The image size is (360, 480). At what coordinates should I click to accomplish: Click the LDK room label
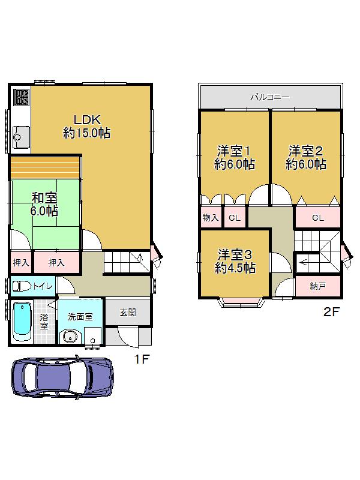[86, 126]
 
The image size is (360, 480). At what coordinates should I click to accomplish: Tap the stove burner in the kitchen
[21, 97]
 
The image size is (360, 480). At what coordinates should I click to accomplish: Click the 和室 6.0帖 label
[44, 203]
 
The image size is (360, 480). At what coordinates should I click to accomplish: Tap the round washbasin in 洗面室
[71, 337]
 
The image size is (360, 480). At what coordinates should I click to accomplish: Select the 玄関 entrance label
[127, 312]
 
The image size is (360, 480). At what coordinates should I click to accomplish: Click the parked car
[62, 377]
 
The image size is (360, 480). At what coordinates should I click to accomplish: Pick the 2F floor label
[331, 312]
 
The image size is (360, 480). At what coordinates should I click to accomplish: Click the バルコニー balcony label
[270, 97]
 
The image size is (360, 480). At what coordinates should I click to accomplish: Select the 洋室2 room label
[306, 157]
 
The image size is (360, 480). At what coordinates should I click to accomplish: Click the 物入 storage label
[210, 218]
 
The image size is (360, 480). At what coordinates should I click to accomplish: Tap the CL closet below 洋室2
[317, 218]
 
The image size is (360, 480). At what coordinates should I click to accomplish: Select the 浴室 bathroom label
[44, 322]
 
